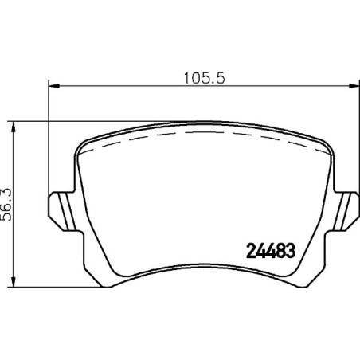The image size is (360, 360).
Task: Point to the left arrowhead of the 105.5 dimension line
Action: pyautogui.click(x=54, y=85)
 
